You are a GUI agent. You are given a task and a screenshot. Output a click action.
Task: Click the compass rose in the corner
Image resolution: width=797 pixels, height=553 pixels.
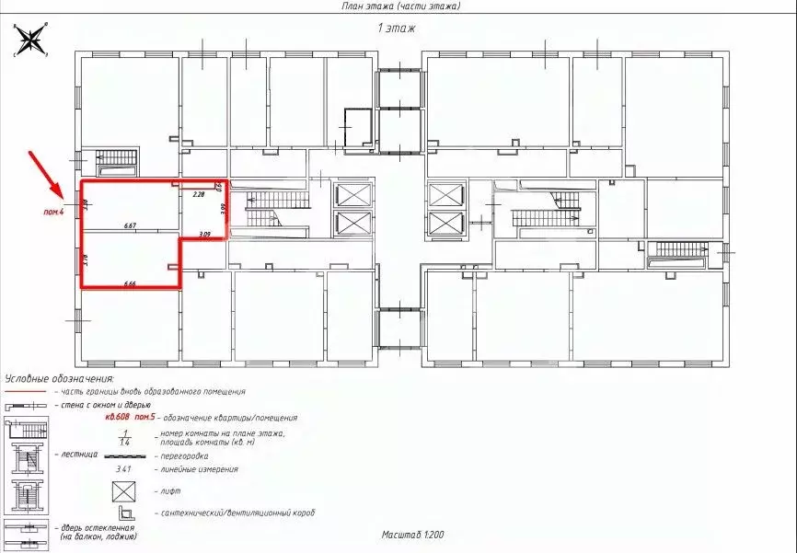30,40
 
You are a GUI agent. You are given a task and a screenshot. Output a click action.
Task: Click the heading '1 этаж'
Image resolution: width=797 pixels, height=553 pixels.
397,29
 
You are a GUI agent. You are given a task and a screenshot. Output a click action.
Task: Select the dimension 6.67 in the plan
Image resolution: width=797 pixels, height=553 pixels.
130,225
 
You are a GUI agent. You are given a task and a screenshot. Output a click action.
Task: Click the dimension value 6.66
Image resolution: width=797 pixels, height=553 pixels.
130,283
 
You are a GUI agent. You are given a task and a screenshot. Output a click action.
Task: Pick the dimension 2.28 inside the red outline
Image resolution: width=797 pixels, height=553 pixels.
198,195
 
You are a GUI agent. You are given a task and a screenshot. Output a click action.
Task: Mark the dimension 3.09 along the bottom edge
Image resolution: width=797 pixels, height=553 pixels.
204,235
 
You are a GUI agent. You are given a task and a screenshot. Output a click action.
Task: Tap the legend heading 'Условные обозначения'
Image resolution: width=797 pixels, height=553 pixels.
59,378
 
